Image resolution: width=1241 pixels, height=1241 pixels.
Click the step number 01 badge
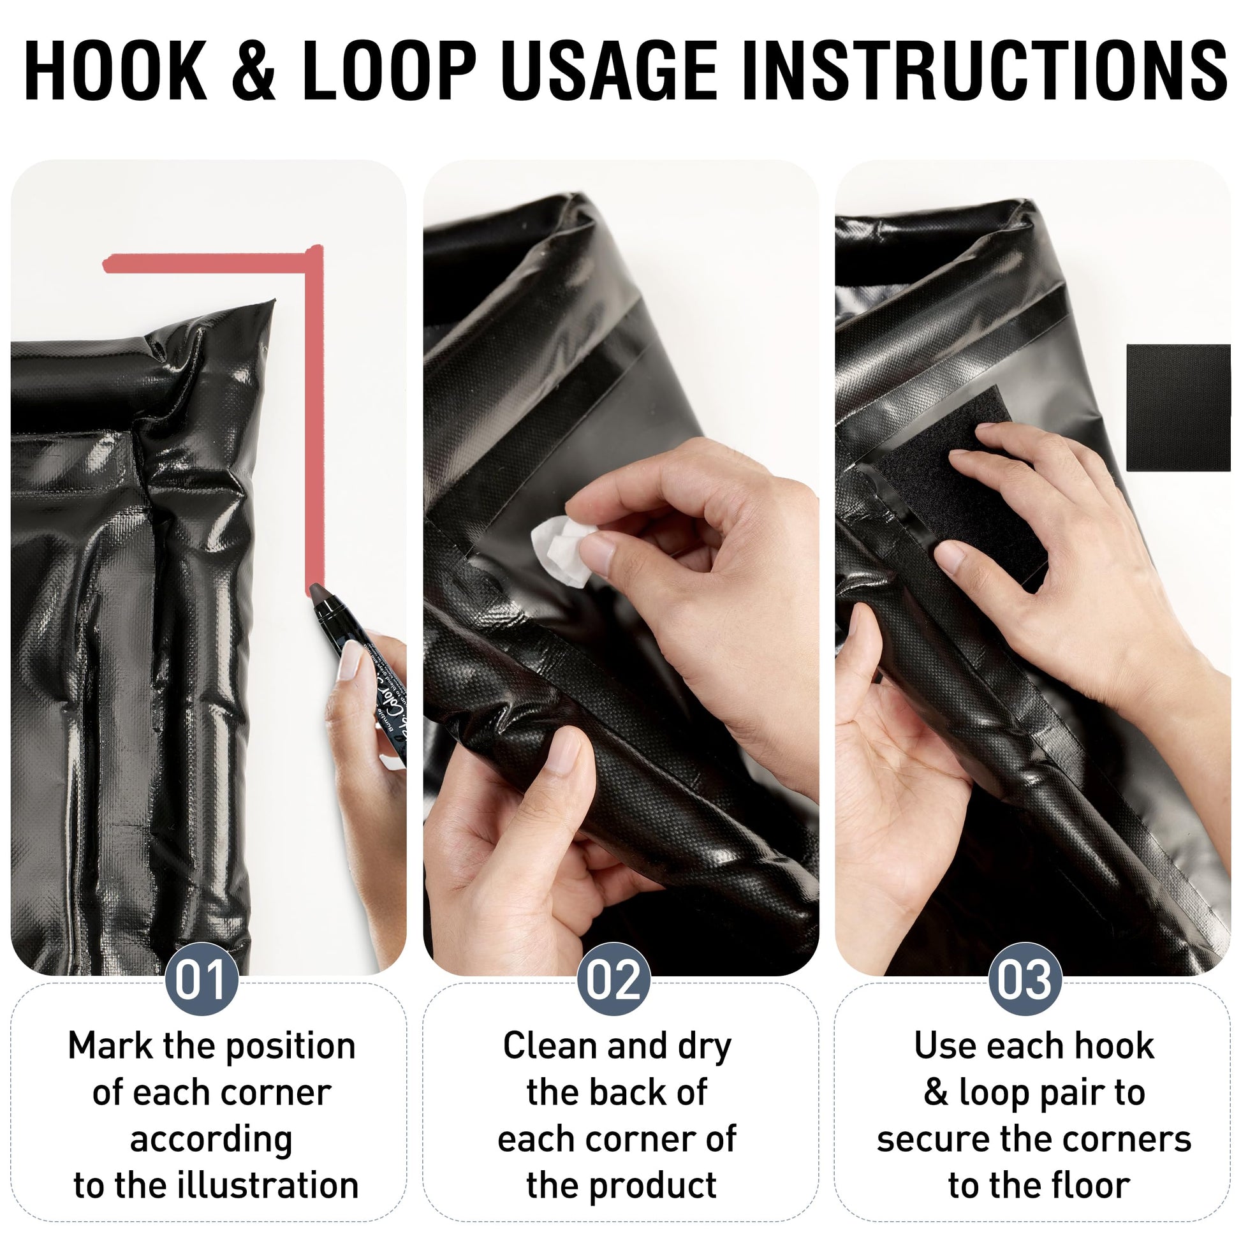202,979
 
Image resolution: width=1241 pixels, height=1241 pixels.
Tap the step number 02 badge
613,979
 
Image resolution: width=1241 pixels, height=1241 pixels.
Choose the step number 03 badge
1025,979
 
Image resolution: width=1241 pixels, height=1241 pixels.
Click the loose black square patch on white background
1178,408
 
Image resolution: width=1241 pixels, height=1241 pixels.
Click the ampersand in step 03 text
936,1092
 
